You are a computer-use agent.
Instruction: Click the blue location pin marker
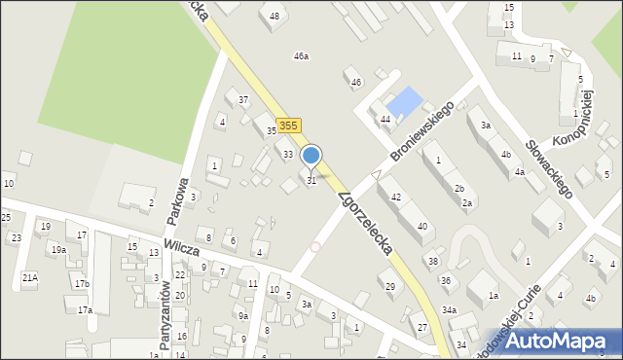(x=311, y=156)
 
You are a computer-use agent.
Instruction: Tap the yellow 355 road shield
(x=288, y=126)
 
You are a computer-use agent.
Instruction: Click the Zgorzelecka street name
(x=364, y=223)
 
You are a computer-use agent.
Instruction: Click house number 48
(x=275, y=17)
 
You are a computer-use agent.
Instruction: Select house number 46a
(x=302, y=56)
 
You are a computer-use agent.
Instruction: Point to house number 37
(x=243, y=100)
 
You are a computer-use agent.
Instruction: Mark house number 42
(x=395, y=197)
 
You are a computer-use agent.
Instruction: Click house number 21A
(x=30, y=277)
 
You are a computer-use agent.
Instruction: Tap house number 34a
(x=449, y=309)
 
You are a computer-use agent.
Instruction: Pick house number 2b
(x=459, y=188)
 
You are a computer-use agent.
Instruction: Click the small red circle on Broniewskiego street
(x=314, y=247)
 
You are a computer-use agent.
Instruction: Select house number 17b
(x=82, y=284)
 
